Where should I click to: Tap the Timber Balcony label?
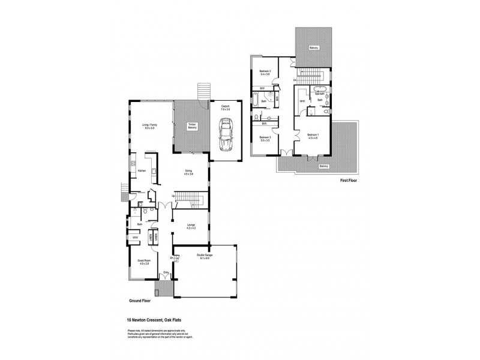(192, 127)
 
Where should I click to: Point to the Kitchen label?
(142, 171)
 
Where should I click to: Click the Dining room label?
(188, 173)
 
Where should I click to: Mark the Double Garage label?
(205, 256)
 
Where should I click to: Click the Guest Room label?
(144, 262)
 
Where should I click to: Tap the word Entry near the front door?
(166, 272)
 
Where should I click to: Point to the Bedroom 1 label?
(313, 136)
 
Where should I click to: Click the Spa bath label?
(319, 94)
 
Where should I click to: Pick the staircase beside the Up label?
(191, 198)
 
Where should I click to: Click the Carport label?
(225, 109)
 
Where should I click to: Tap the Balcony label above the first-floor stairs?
(313, 47)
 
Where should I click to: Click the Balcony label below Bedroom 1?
(324, 166)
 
